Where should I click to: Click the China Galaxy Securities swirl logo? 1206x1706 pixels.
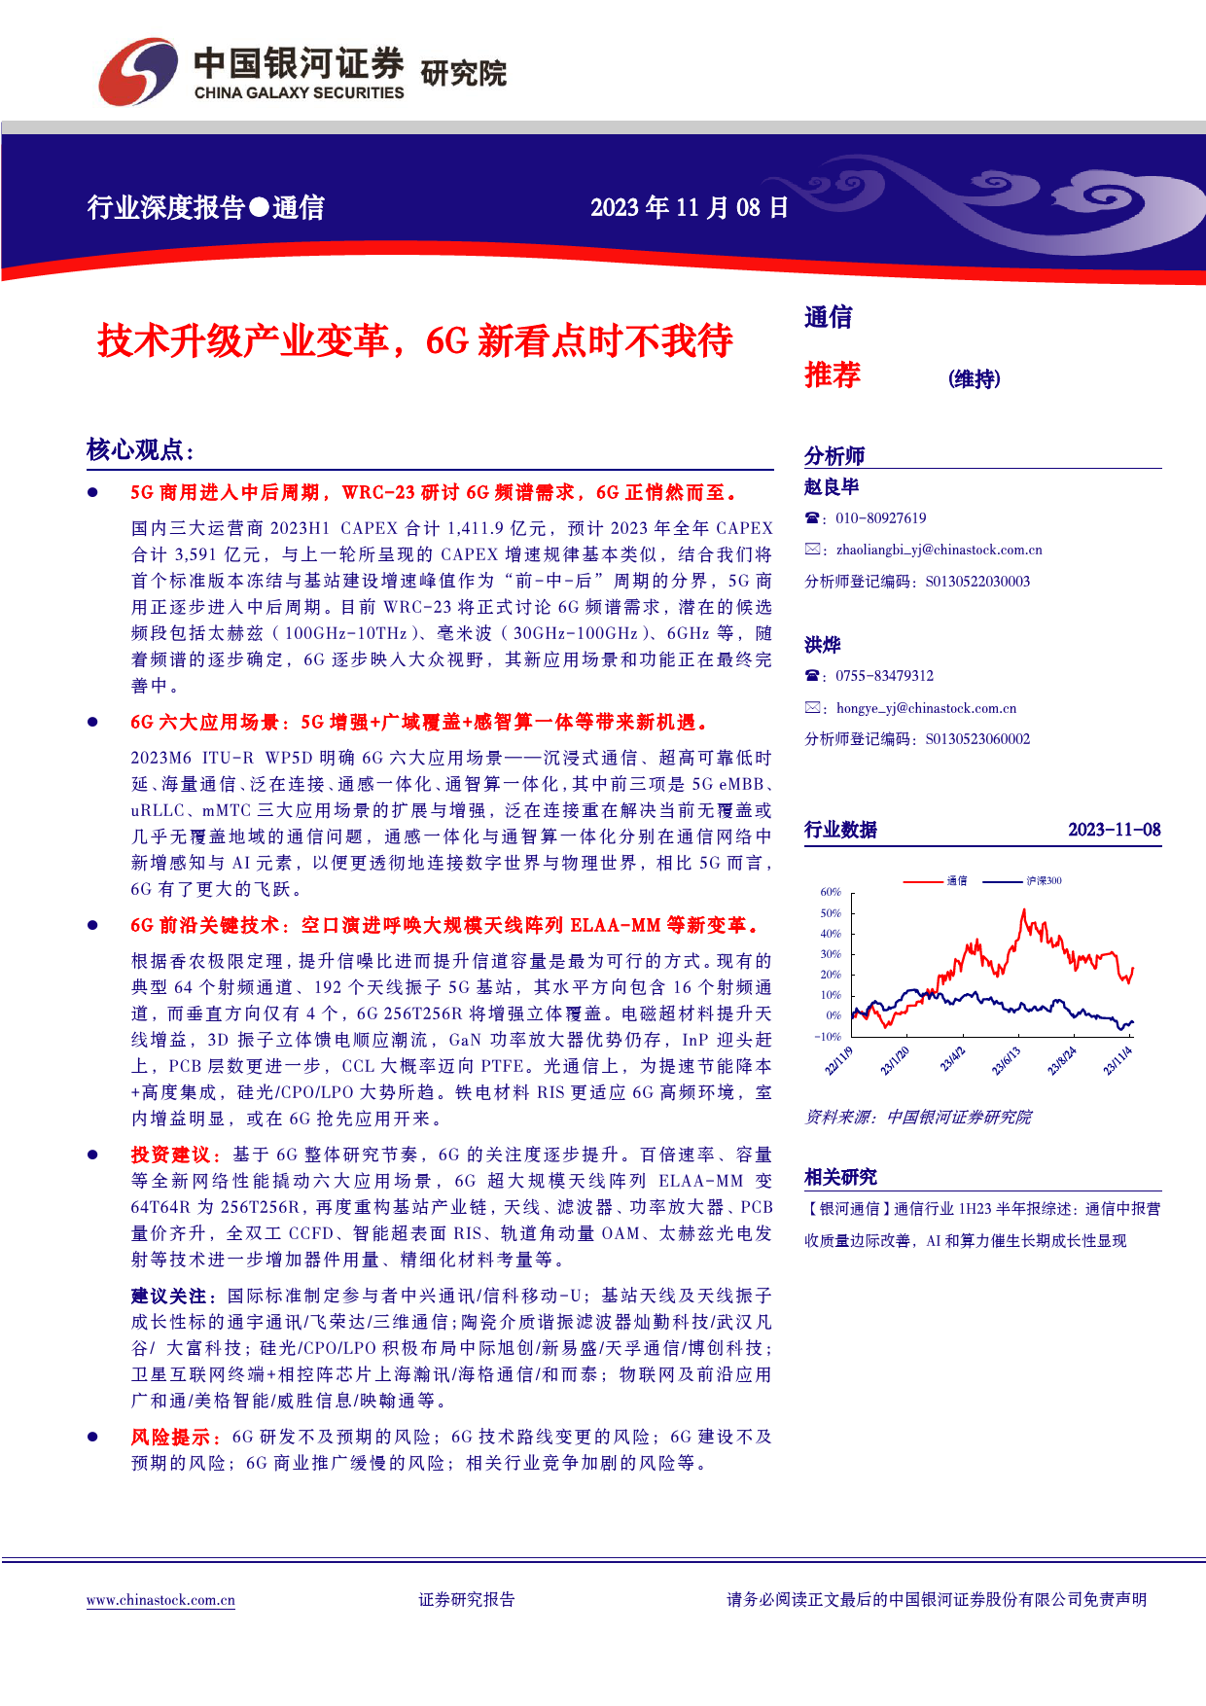click(x=138, y=71)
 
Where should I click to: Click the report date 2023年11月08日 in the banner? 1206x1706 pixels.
click(x=689, y=207)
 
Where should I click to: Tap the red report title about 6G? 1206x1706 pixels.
click(x=415, y=341)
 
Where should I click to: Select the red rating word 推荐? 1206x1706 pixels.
click(x=833, y=375)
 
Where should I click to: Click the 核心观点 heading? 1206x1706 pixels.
click(x=140, y=450)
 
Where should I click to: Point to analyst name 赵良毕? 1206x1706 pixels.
click(x=832, y=487)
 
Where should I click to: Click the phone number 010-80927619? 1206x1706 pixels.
click(x=880, y=518)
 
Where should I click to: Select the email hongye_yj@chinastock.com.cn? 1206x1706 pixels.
click(x=926, y=708)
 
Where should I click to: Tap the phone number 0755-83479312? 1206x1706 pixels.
click(x=884, y=676)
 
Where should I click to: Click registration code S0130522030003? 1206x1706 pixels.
click(x=977, y=582)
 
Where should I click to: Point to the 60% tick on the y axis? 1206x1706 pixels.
click(x=831, y=892)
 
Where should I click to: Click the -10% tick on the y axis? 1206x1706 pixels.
click(x=828, y=1037)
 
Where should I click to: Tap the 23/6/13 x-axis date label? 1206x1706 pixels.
click(x=1006, y=1061)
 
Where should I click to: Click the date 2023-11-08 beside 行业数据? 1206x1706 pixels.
click(x=1114, y=830)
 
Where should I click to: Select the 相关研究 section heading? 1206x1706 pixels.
click(x=840, y=1178)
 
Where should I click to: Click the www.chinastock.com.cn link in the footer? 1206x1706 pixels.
click(x=160, y=1600)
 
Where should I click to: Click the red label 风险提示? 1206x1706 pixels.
click(x=170, y=1437)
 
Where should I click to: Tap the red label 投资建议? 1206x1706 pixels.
click(x=170, y=1155)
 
